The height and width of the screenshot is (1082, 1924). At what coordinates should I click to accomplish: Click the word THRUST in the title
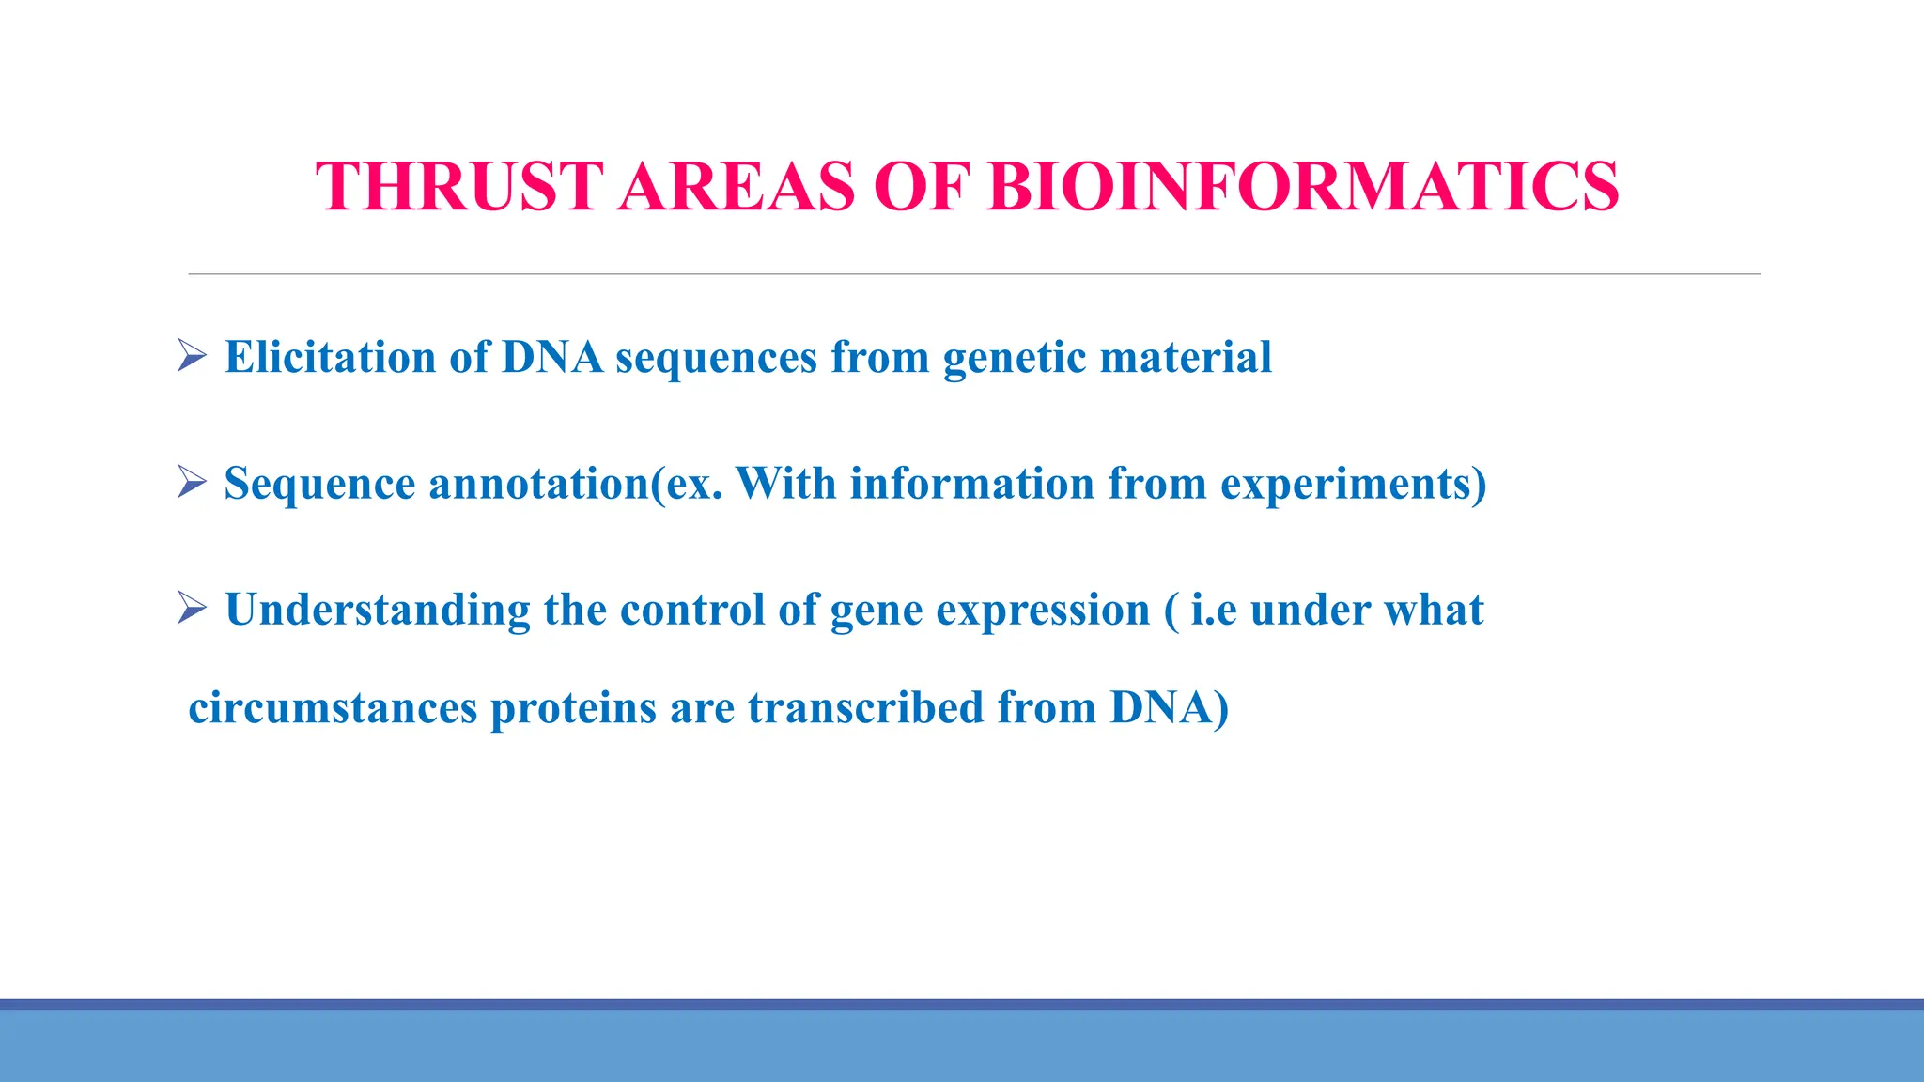tap(458, 186)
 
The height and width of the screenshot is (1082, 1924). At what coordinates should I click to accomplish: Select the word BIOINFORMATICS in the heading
tap(1304, 186)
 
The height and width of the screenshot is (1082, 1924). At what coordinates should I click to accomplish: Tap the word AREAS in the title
tap(737, 186)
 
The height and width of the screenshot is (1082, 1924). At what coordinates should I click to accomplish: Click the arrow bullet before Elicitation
tap(192, 356)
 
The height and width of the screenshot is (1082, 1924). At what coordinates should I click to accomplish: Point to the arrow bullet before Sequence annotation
tap(192, 483)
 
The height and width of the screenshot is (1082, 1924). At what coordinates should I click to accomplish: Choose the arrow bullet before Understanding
tap(192, 609)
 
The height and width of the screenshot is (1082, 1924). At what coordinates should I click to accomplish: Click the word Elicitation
tap(330, 357)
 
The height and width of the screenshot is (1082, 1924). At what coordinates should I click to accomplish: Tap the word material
tap(1186, 357)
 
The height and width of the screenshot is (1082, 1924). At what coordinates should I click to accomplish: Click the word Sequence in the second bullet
tap(319, 485)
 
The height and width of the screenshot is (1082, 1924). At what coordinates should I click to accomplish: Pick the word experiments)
tap(1353, 485)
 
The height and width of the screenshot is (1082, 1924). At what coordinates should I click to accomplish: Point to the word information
tap(971, 483)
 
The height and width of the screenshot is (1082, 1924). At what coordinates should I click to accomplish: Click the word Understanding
tap(378, 611)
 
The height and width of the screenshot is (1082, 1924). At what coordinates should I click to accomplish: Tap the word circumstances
tap(333, 708)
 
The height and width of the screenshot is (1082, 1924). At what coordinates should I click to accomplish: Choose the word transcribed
tap(865, 707)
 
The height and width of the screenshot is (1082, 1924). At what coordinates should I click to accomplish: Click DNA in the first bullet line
tap(552, 357)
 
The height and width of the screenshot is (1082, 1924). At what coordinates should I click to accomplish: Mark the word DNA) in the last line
tap(1169, 708)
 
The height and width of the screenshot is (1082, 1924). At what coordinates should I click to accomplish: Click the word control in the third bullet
tap(691, 610)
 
